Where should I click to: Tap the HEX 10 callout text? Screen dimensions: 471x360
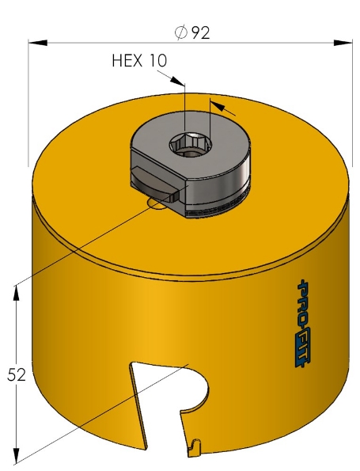140,61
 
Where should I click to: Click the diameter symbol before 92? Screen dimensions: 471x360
180,32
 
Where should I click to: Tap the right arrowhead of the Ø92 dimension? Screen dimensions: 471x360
344,43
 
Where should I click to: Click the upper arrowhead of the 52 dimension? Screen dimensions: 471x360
17,291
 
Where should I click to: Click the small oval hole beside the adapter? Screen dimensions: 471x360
157,205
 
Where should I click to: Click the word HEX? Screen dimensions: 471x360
127,61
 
